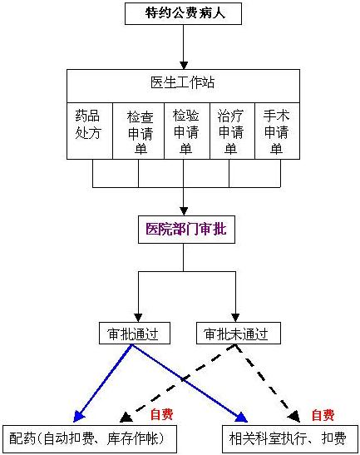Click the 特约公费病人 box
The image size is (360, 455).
(183, 13)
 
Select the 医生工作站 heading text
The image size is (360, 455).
(182, 82)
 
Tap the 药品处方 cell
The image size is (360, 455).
(90, 131)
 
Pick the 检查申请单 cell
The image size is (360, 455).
(138, 131)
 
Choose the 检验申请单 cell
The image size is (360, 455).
(187, 131)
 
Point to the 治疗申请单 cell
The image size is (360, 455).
(232, 131)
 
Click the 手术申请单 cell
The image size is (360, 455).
(277, 131)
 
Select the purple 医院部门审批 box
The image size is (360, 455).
(186, 230)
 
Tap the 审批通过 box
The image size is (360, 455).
(135, 333)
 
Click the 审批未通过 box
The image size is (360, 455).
(239, 333)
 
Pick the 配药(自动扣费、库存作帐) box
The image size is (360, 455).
(90, 439)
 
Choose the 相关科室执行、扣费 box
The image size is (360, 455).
(290, 439)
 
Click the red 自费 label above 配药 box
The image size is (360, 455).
(161, 414)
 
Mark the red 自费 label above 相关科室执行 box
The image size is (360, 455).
(323, 415)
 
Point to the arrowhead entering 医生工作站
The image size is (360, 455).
(184, 65)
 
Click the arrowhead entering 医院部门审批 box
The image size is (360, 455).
(184, 211)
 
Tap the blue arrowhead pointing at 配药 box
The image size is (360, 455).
(78, 416)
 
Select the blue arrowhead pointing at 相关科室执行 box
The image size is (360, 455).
(241, 418)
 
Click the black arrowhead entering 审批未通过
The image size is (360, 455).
(235, 318)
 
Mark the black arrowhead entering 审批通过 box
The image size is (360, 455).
(138, 318)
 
